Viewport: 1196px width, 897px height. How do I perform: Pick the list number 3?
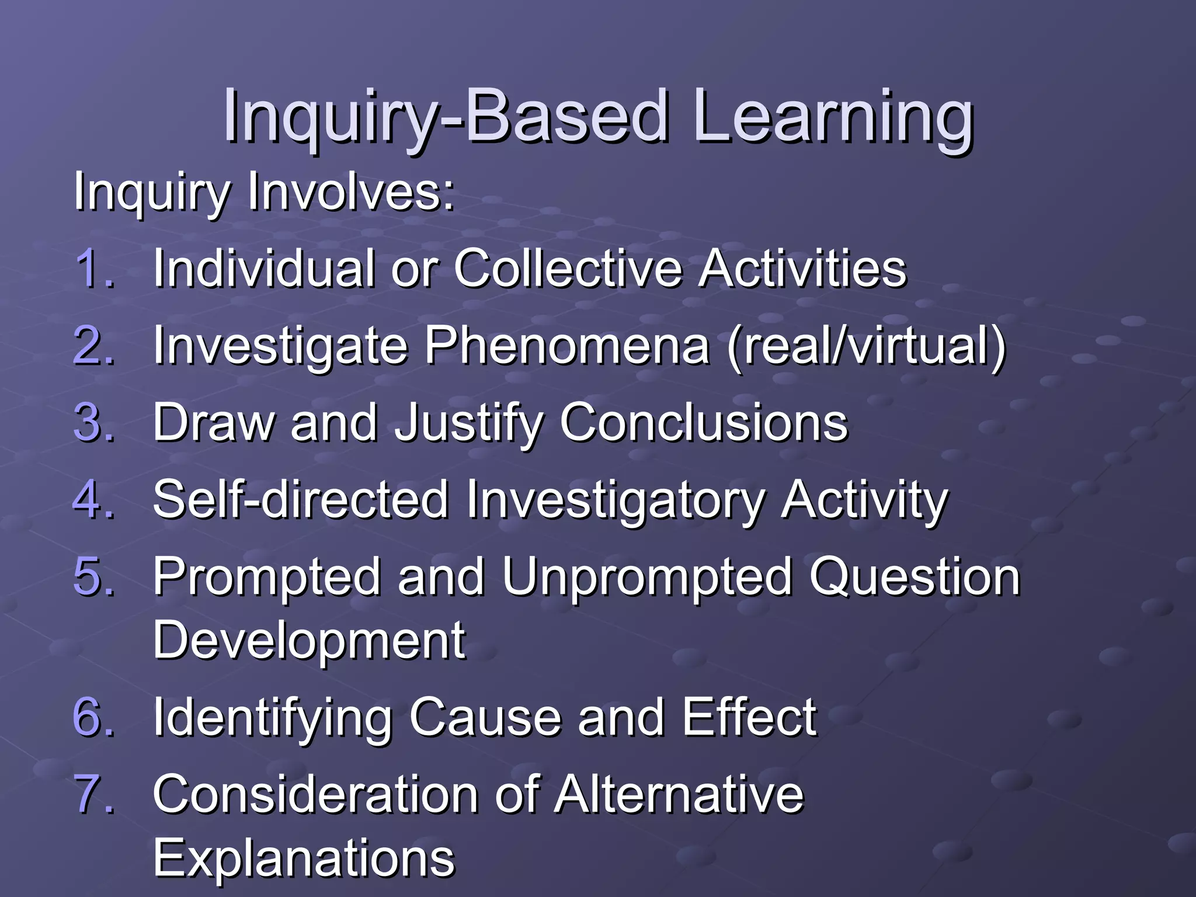(93, 422)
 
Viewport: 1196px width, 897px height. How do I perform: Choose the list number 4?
(93, 499)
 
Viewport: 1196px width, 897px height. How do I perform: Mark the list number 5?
(93, 576)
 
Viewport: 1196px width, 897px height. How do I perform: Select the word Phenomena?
(566, 346)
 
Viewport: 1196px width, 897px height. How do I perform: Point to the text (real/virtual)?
(867, 346)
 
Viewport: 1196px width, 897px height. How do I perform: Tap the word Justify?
(468, 423)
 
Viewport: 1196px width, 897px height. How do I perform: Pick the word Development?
(310, 641)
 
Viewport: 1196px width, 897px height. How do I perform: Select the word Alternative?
(679, 794)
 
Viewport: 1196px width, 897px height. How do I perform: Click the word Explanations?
(304, 858)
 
